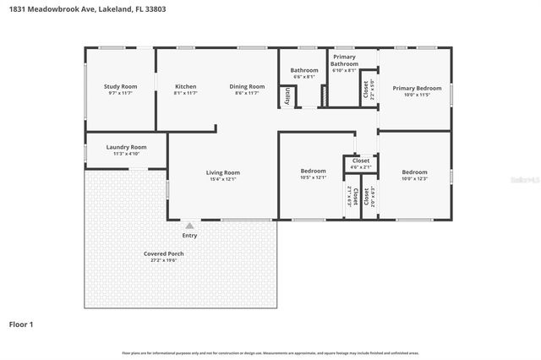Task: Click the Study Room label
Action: coord(121,86)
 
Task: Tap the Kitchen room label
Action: coord(185,86)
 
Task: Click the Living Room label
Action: coord(223,172)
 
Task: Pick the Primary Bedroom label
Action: coord(417,88)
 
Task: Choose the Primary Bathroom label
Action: coord(344,60)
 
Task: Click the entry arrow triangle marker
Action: coord(189,226)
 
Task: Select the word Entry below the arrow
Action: coord(189,235)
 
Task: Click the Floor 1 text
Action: coord(21,324)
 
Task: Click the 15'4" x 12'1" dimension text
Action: coord(223,178)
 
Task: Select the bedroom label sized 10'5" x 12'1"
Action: coord(313,172)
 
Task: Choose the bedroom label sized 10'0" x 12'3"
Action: coord(414,172)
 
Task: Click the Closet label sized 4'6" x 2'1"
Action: coord(361,161)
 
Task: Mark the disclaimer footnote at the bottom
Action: coord(270,352)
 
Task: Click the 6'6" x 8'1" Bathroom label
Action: coord(304,70)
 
